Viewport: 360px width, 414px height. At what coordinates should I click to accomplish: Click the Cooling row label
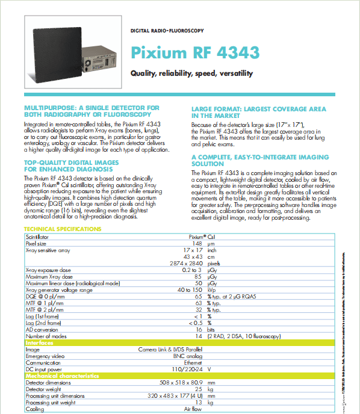coord(35,409)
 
